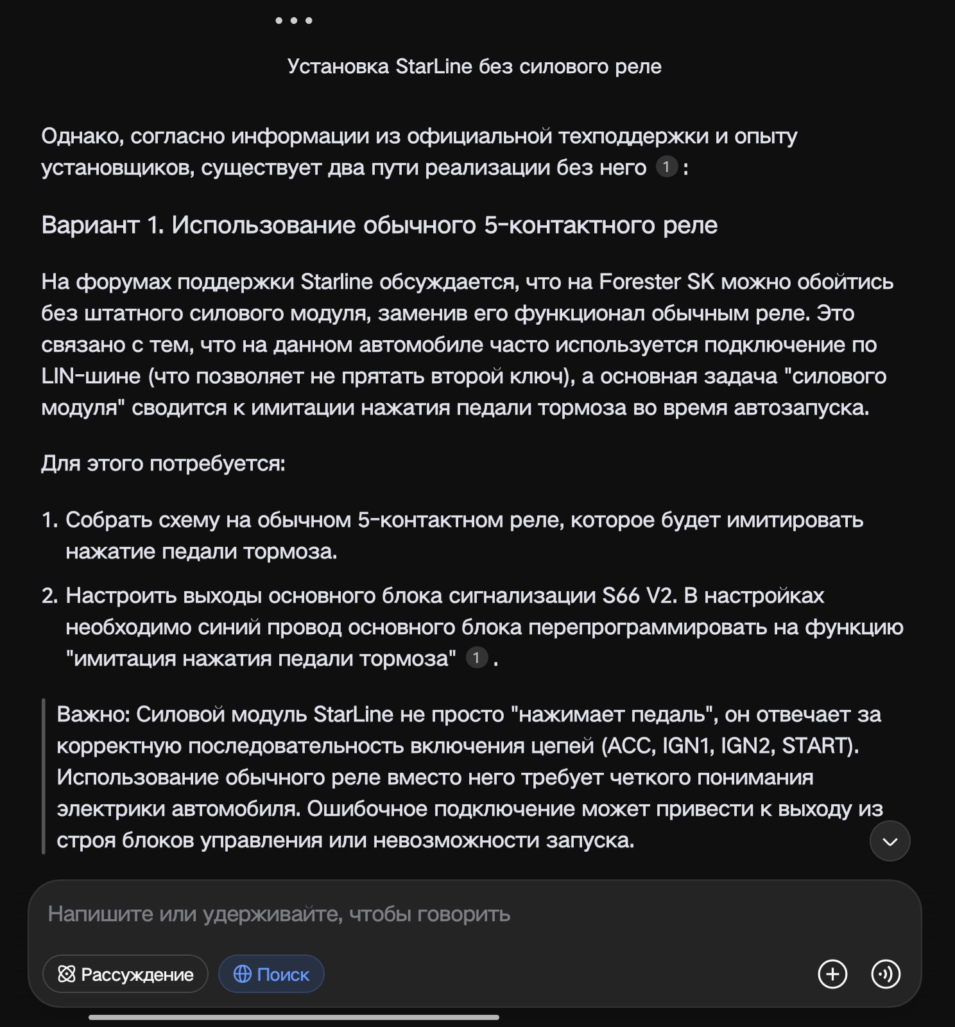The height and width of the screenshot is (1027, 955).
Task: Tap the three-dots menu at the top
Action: tap(294, 21)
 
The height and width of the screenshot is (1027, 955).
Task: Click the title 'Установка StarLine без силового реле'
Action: tap(474, 67)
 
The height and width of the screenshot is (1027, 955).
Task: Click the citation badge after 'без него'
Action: tap(666, 168)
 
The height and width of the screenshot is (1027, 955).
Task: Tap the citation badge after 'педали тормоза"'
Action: tap(476, 658)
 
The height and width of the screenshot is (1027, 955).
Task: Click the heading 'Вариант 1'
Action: tap(379, 225)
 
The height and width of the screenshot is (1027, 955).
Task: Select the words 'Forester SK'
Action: tap(656, 282)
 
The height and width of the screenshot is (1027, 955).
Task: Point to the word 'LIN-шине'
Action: tap(90, 376)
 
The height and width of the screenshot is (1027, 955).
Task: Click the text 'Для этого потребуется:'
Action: tap(163, 463)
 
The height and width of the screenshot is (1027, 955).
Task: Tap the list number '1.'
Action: tap(50, 520)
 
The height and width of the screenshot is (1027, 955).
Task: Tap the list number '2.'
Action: tap(50, 596)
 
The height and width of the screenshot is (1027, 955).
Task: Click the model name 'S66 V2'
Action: tap(639, 596)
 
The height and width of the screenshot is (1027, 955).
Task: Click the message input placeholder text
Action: tap(279, 914)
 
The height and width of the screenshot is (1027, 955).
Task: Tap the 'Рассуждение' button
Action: tap(125, 974)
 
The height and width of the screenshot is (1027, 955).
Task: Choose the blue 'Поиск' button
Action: tap(271, 974)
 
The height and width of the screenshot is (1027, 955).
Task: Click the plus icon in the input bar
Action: tap(832, 974)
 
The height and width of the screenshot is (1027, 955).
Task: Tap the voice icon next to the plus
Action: tap(886, 974)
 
